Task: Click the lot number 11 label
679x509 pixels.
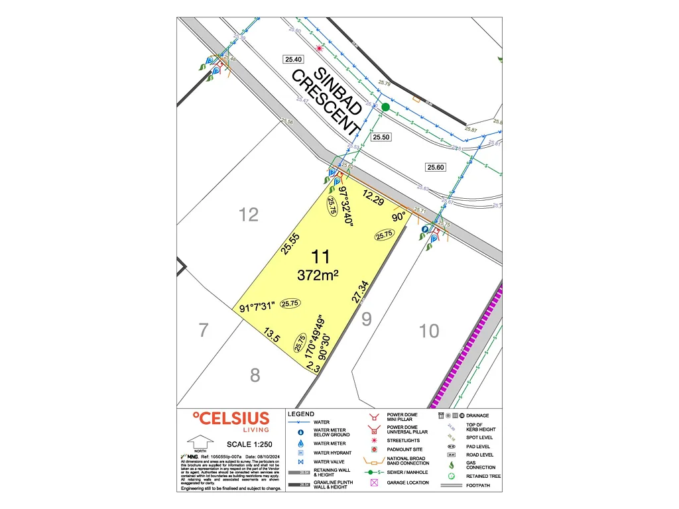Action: (324, 258)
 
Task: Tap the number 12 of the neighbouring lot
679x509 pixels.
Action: (249, 214)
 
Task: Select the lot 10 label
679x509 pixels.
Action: (429, 330)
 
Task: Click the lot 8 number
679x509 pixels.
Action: (255, 376)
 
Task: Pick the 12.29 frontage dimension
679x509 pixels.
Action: (374, 199)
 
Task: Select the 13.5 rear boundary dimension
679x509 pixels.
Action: (272, 334)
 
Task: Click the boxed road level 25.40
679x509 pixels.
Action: (292, 59)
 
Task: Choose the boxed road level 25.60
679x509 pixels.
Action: (436, 167)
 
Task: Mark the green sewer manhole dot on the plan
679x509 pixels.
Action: (385, 106)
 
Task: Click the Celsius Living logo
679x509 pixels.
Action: (231, 422)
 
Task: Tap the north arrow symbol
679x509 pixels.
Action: (198, 441)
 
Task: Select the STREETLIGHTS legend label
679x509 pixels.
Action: (403, 440)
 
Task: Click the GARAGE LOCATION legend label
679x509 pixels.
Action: (408, 482)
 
